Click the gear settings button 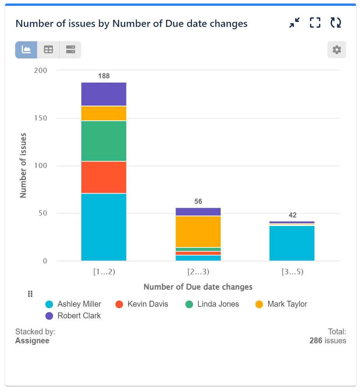[x=336, y=50]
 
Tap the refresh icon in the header [x=335, y=23]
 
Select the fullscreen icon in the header [x=315, y=23]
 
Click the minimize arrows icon [x=294, y=23]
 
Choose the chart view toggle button [x=26, y=50]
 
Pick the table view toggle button [x=48, y=50]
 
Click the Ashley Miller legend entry [x=74, y=304]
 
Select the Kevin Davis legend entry [x=142, y=304]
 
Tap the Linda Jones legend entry [x=212, y=304]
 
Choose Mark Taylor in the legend [x=281, y=304]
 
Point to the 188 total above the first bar [x=104, y=76]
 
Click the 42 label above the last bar [x=292, y=215]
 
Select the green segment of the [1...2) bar [x=104, y=141]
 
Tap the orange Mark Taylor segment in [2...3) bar [x=198, y=231]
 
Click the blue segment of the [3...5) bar [x=292, y=243]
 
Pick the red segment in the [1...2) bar [x=104, y=177]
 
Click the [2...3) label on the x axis [x=198, y=272]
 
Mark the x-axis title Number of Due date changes [x=198, y=287]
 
